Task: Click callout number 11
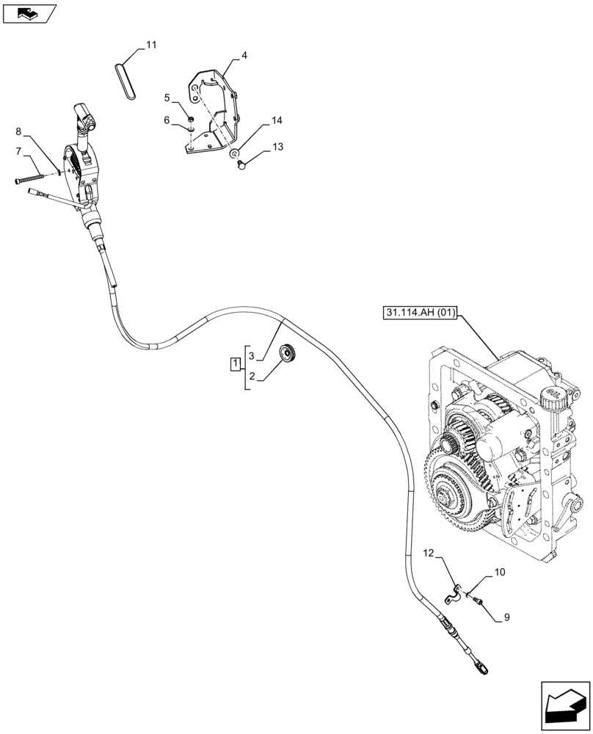click(151, 46)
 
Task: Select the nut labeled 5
click(189, 118)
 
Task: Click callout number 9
click(506, 618)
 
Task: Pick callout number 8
click(18, 132)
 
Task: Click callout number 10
click(500, 571)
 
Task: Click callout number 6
click(167, 120)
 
